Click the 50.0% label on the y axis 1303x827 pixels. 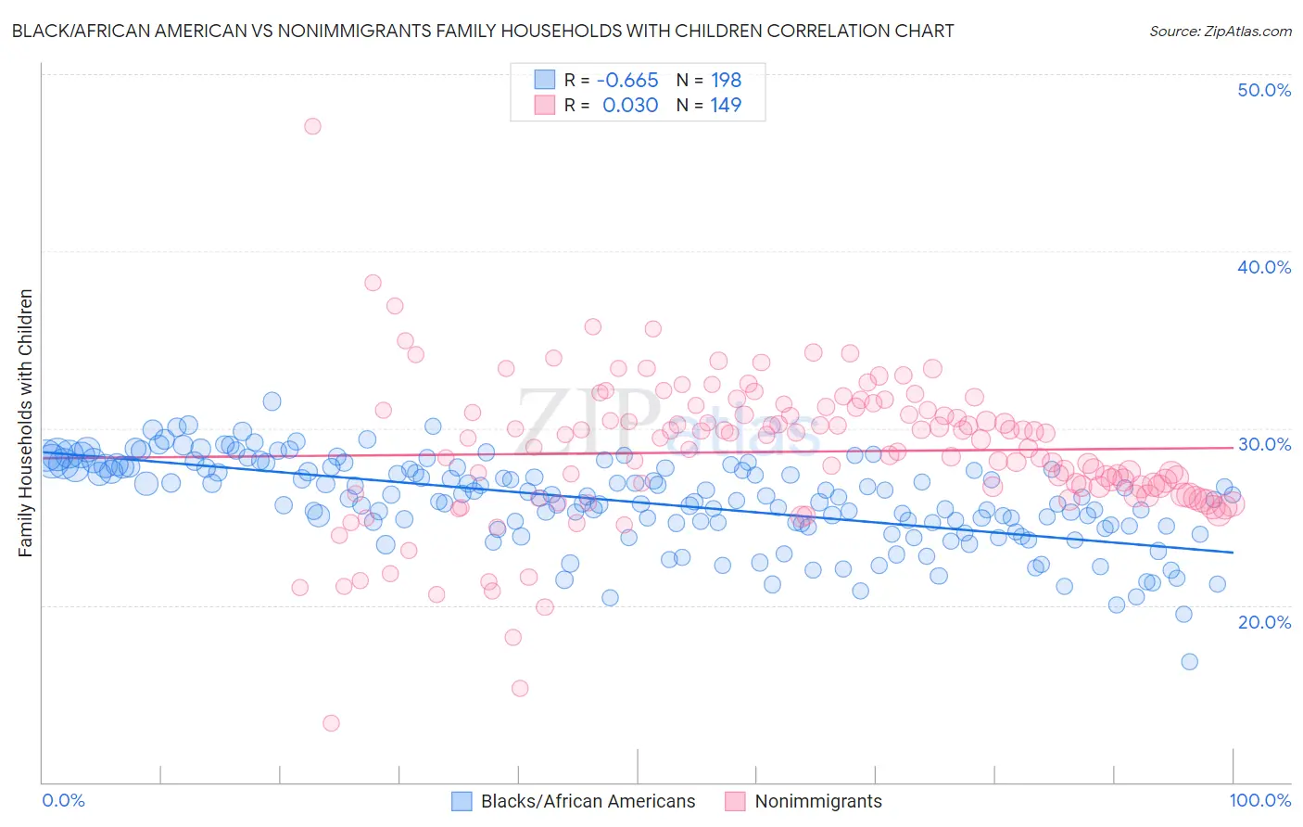click(1264, 90)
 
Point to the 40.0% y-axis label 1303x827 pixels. click(1264, 267)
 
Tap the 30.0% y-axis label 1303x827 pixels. click(1264, 444)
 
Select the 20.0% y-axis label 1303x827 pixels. click(1264, 621)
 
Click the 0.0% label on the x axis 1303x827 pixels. click(64, 800)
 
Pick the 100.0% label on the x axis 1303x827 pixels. click(1259, 800)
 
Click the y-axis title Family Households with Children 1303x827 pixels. click(26, 423)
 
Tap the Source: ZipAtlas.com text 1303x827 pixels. click(1220, 31)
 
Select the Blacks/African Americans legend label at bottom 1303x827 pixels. click(588, 801)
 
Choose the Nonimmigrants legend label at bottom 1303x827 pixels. click(818, 801)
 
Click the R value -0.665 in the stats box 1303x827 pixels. click(627, 80)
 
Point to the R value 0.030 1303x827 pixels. click(630, 105)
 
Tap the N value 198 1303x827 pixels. click(726, 80)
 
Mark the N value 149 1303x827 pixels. click(726, 105)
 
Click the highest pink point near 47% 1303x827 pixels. click(312, 126)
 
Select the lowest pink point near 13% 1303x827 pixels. click(331, 723)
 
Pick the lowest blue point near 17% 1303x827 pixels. click(1189, 661)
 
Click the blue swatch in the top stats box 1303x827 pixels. click(544, 80)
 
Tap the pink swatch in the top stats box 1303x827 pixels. click(544, 105)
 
